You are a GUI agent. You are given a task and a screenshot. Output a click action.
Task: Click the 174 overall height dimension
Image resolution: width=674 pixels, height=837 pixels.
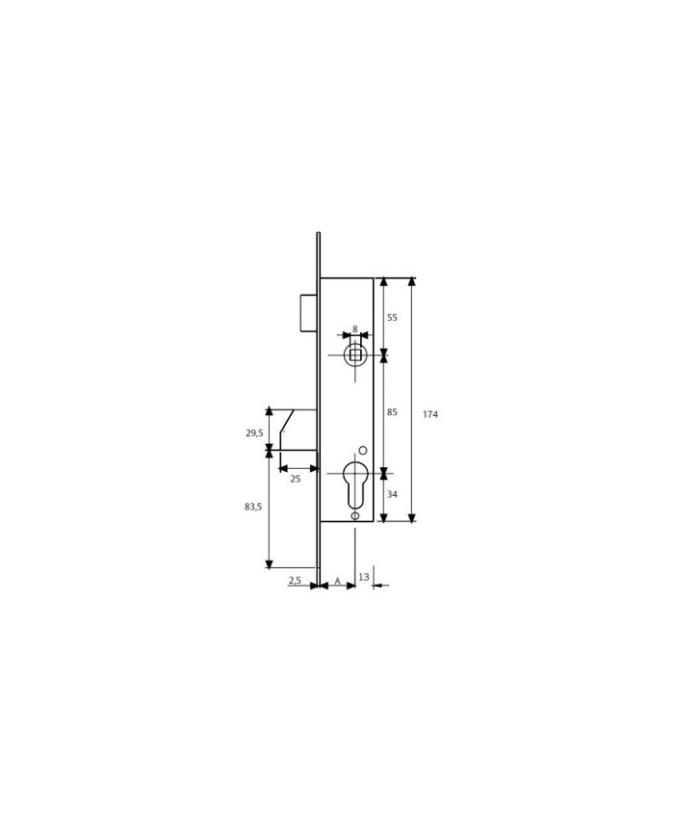tap(430, 414)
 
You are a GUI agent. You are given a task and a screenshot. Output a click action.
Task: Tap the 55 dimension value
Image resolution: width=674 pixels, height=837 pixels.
tap(392, 317)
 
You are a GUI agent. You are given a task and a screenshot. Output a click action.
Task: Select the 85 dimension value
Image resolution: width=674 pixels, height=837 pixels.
tap(392, 411)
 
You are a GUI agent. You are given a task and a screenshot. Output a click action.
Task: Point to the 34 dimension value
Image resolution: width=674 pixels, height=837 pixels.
tap(392, 494)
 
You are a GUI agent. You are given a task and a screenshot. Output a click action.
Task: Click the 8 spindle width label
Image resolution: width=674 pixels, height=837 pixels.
tap(355, 329)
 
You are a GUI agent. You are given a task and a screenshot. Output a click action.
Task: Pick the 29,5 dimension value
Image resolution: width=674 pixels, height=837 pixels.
tap(254, 432)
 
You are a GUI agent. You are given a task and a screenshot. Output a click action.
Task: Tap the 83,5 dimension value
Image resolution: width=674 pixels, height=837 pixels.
tap(253, 507)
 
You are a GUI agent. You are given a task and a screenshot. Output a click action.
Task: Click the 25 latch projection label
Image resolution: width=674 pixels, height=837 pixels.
tap(295, 479)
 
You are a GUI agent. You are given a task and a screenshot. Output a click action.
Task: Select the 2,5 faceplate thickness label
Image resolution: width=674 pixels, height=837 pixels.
tap(295, 580)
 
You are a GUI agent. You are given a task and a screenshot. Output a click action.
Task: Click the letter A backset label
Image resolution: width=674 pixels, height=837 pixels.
tap(337, 580)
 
